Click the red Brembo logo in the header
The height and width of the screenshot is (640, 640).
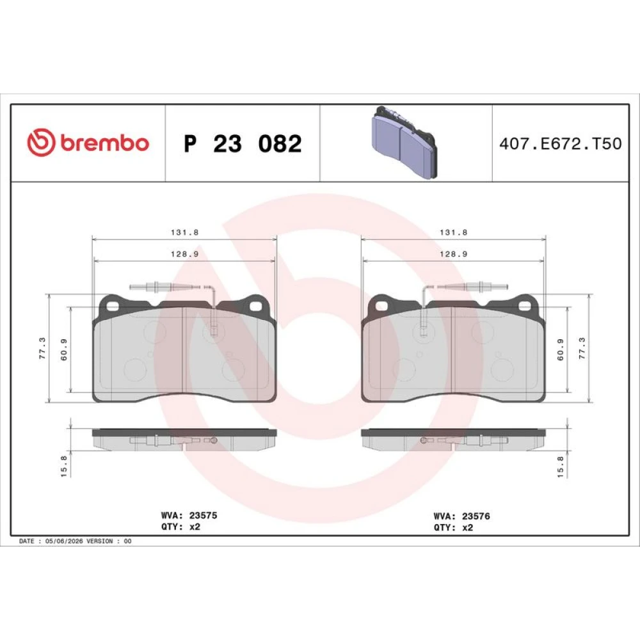click(x=88, y=143)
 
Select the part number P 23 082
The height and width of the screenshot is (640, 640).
click(x=243, y=143)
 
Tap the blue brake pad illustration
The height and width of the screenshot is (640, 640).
click(x=404, y=142)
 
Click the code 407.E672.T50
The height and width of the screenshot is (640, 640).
click(x=561, y=143)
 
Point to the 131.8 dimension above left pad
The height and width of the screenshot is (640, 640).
click(x=184, y=232)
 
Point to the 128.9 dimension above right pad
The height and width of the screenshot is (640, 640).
click(x=453, y=254)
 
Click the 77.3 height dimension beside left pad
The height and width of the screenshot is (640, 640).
click(x=42, y=348)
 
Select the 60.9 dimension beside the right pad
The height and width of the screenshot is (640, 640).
click(x=560, y=349)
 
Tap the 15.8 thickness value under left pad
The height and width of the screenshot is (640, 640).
click(x=63, y=466)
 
